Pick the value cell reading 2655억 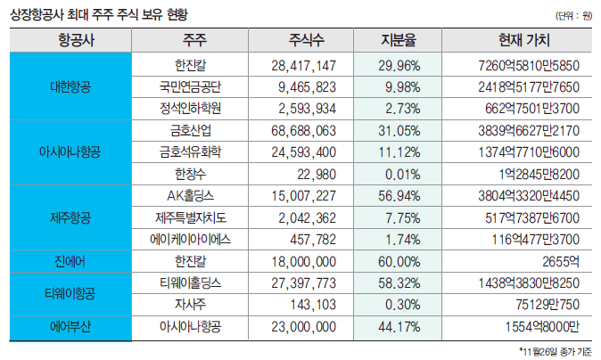tap(558, 262)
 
